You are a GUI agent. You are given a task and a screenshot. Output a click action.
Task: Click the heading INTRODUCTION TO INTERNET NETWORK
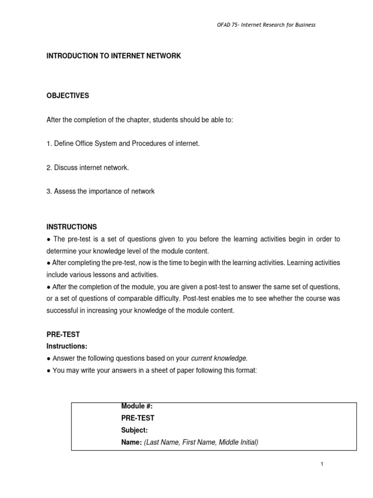coord(114,56)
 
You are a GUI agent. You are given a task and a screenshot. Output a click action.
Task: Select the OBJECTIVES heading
coord(68,96)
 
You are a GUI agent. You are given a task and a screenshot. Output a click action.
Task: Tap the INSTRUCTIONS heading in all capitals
coord(71,227)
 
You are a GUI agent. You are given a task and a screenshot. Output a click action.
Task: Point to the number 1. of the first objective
coord(49,143)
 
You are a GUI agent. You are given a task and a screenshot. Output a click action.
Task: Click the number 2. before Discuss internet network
coord(49,168)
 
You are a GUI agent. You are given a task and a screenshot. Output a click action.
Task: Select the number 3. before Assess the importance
coord(49,192)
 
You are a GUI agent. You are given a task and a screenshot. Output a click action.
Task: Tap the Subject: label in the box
coord(134,430)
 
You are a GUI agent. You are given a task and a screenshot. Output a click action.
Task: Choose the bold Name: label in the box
coord(131,443)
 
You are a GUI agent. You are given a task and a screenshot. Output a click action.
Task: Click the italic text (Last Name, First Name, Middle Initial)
coord(201,443)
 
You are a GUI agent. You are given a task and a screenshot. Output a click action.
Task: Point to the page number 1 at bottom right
coord(322,464)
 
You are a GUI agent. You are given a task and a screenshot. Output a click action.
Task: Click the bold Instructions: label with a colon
coord(67,347)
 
